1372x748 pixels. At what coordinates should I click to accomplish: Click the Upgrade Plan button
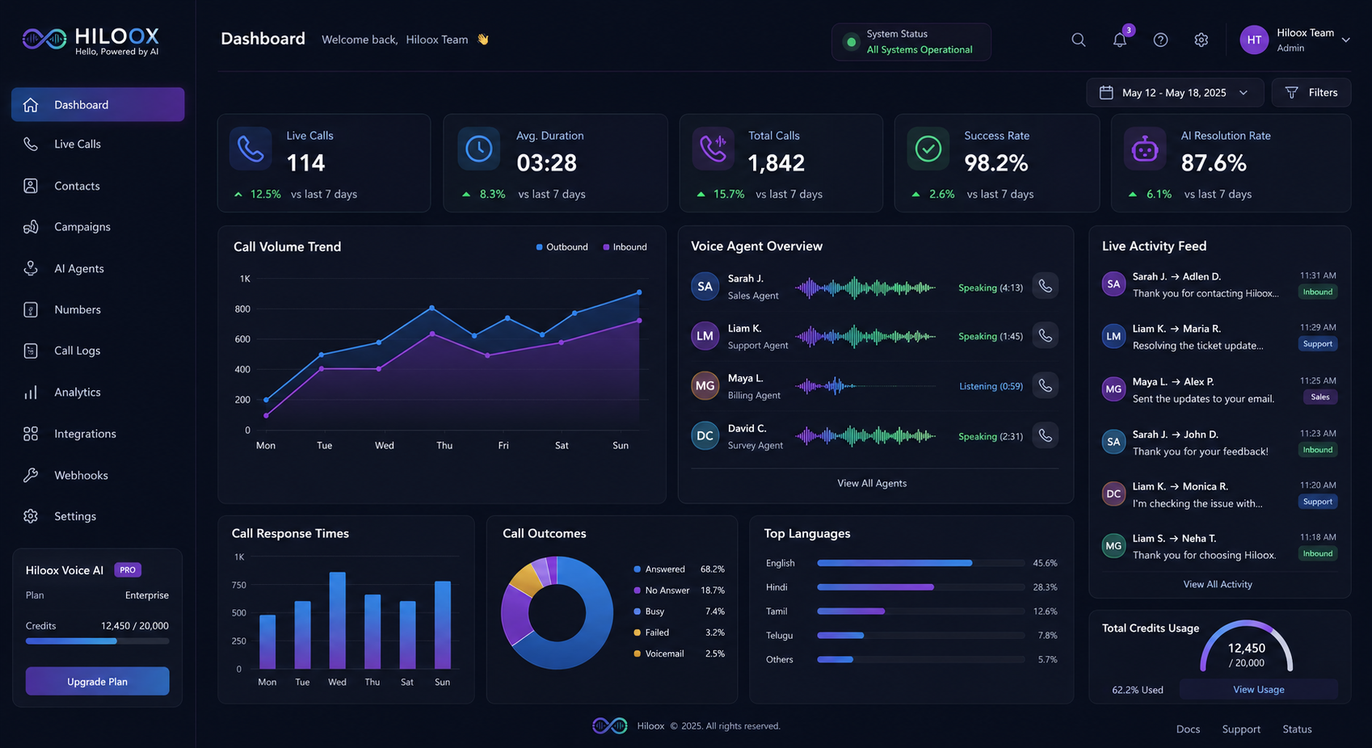point(98,681)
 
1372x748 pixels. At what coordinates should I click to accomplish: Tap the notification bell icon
point(1120,40)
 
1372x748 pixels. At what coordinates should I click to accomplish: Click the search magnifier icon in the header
point(1079,40)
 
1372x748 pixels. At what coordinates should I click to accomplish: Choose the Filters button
point(1311,92)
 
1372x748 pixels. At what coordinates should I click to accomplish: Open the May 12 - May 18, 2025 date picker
point(1175,92)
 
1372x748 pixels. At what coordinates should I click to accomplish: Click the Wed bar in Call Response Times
point(338,620)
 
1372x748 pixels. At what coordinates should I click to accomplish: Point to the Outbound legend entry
point(562,246)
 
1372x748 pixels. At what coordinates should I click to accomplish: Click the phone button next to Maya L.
point(1045,385)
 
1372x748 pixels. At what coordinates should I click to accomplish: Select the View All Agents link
point(872,483)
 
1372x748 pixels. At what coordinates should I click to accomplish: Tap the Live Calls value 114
point(305,163)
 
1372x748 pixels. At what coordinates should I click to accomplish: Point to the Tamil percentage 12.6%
point(1045,611)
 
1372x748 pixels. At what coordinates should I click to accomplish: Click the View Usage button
point(1259,689)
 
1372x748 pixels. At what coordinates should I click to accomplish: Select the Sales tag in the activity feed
point(1320,397)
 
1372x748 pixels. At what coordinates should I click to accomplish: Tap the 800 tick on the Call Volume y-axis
point(242,309)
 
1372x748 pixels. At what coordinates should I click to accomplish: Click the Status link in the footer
point(1297,729)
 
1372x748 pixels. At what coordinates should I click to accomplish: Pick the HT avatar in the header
point(1254,40)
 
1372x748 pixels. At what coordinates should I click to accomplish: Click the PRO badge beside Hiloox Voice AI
point(128,569)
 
